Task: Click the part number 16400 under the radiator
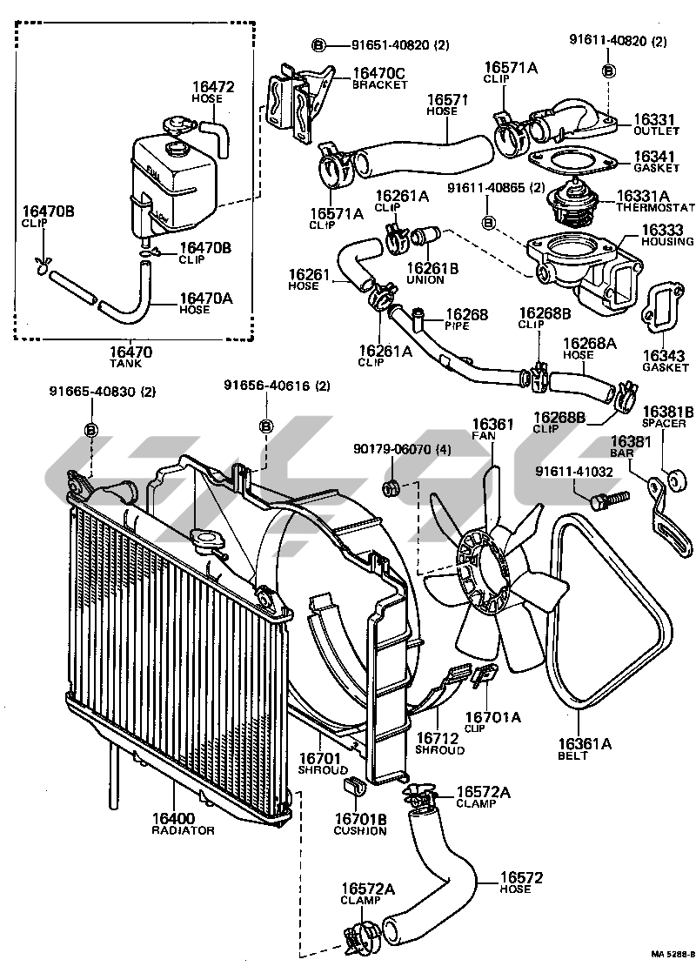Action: click(175, 818)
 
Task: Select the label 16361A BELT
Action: click(585, 748)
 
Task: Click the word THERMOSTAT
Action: click(655, 208)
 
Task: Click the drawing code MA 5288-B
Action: click(673, 954)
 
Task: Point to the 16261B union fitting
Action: click(426, 237)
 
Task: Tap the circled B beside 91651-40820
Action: click(318, 44)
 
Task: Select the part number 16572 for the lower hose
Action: click(521, 877)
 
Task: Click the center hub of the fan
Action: click(485, 571)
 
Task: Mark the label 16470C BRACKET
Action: click(379, 78)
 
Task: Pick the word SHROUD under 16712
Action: click(440, 750)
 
